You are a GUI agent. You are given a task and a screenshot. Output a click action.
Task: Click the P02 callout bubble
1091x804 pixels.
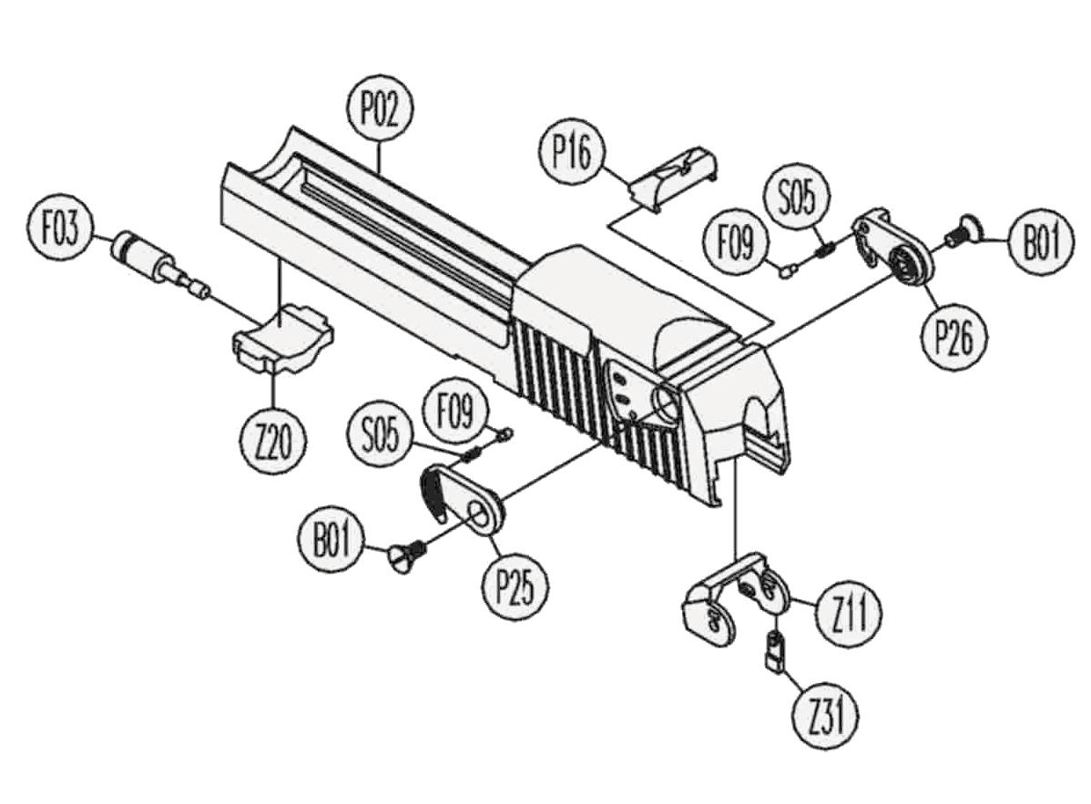381,112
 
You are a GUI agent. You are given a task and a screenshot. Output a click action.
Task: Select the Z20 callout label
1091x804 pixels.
273,442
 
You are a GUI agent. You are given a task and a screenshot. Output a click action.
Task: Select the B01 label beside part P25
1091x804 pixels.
332,544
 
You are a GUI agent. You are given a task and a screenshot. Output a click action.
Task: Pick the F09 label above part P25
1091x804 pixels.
454,412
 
